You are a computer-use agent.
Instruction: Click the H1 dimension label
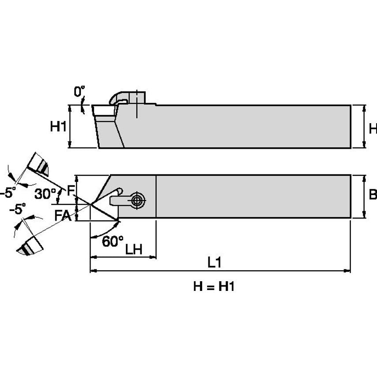[x=58, y=127]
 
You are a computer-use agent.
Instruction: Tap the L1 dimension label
[x=215, y=262]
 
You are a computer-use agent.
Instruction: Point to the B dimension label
[x=372, y=195]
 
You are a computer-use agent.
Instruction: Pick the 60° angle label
[x=112, y=241]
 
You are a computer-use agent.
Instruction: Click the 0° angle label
[x=79, y=92]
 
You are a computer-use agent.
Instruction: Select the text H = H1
[x=214, y=287]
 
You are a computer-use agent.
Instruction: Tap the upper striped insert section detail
[x=39, y=164]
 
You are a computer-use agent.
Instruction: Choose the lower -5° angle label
[x=18, y=209]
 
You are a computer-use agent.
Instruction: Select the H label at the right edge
[x=373, y=128]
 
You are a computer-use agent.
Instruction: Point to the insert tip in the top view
[x=90, y=204]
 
